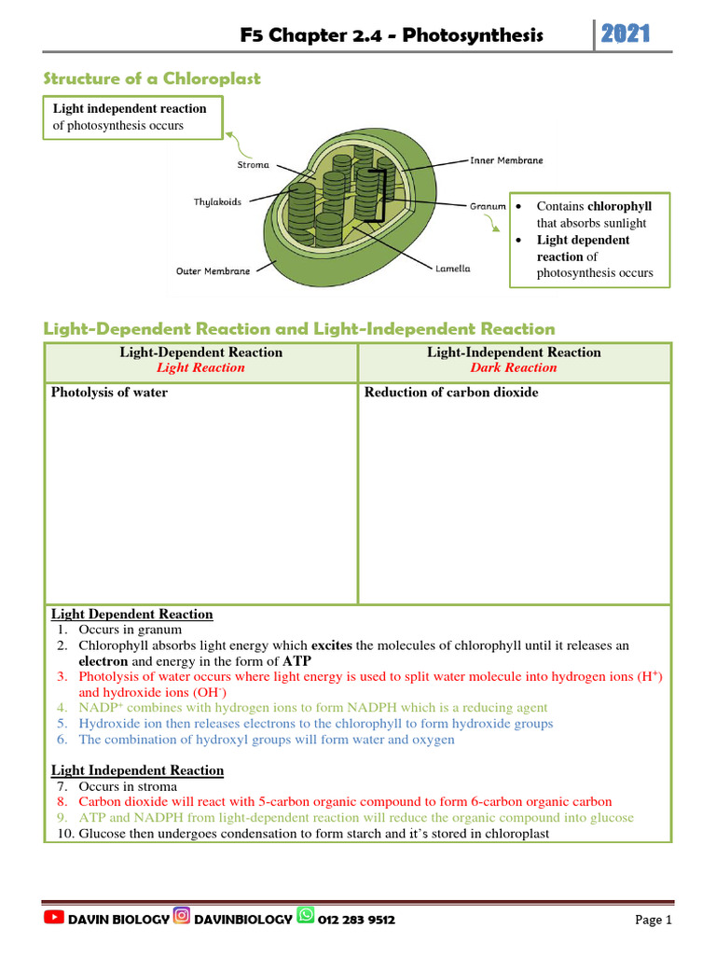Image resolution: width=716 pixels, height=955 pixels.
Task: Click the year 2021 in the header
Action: [x=626, y=35]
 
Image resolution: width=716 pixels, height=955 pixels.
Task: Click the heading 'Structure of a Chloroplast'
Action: [x=153, y=79]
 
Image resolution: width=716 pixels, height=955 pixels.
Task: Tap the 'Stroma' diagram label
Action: [x=253, y=165]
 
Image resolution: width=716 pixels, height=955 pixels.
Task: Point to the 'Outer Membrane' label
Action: [x=213, y=271]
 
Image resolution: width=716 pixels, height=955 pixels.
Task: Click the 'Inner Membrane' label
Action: [x=506, y=160]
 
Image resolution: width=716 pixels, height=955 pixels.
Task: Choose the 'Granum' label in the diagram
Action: [x=488, y=206]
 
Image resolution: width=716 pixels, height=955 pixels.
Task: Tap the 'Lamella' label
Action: [x=453, y=269]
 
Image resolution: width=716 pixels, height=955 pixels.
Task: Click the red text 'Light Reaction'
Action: [x=200, y=367]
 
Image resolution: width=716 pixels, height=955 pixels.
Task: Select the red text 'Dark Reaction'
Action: [x=514, y=367]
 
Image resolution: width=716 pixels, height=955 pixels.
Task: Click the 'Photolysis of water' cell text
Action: [x=109, y=393]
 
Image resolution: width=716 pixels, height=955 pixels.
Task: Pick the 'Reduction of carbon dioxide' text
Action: [x=451, y=393]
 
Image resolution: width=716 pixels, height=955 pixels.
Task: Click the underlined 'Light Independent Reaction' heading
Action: [x=137, y=770]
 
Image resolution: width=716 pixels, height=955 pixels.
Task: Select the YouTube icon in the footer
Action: [x=55, y=919]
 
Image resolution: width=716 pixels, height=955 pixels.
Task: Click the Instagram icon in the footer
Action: [x=182, y=919]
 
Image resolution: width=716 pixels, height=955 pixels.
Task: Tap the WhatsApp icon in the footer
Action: [x=305, y=919]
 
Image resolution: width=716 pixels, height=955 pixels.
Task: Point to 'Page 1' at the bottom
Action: [x=654, y=920]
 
